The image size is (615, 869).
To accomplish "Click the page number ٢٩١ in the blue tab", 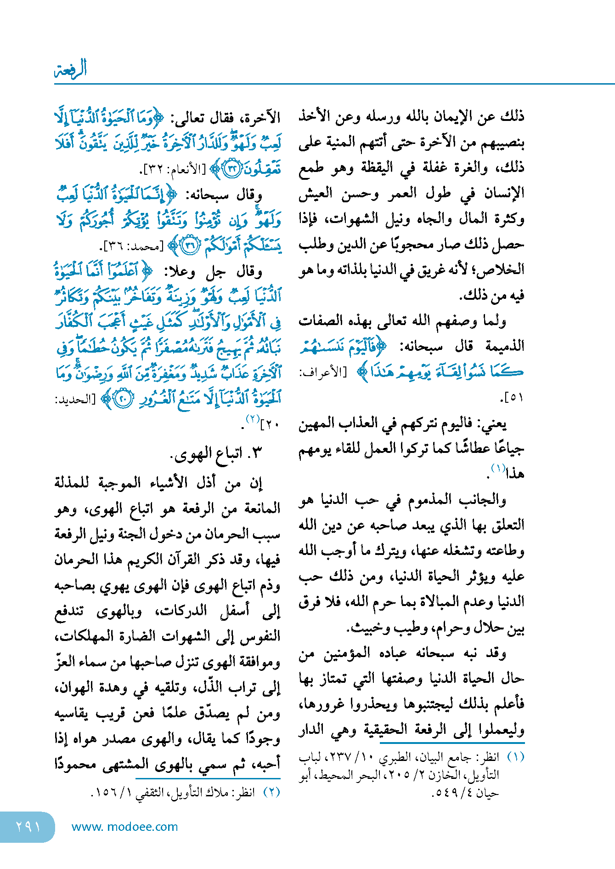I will tap(28, 827).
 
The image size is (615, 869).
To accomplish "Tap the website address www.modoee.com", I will tap(124, 827).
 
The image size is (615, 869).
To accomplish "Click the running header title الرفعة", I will tap(70, 69).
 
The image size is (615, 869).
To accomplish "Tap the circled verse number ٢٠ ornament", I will tap(123, 399).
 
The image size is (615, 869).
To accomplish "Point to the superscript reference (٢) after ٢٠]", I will tap(253, 419).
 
